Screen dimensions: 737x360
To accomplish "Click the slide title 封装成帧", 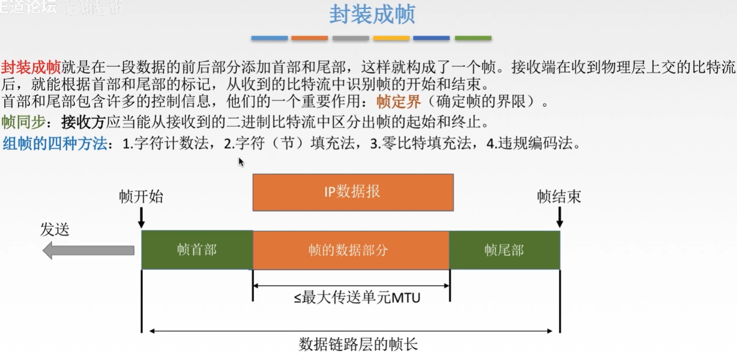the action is (x=372, y=16).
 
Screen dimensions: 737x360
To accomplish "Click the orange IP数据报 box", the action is (x=353, y=192).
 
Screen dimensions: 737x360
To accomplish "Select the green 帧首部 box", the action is (x=197, y=250).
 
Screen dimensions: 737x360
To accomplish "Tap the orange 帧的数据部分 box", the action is (x=350, y=250).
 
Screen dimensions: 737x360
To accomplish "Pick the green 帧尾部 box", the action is (x=504, y=250).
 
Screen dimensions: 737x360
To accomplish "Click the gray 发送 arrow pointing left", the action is (x=88, y=250).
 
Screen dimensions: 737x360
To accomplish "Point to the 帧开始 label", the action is (x=141, y=197).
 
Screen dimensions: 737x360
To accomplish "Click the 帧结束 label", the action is (x=559, y=197).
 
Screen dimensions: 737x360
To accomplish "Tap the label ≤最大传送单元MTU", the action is (x=357, y=298).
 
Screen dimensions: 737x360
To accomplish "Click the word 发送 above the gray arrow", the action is (x=55, y=230).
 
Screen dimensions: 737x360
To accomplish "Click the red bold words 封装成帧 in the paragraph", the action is (x=30, y=68).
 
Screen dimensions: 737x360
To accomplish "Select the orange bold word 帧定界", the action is (x=398, y=102).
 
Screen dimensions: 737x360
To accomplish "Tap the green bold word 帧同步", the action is (x=23, y=122).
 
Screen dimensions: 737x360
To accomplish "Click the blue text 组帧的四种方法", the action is (x=55, y=143).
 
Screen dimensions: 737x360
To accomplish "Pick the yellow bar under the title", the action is (x=391, y=39).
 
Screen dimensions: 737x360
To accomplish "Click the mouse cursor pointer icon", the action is (x=241, y=162).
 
